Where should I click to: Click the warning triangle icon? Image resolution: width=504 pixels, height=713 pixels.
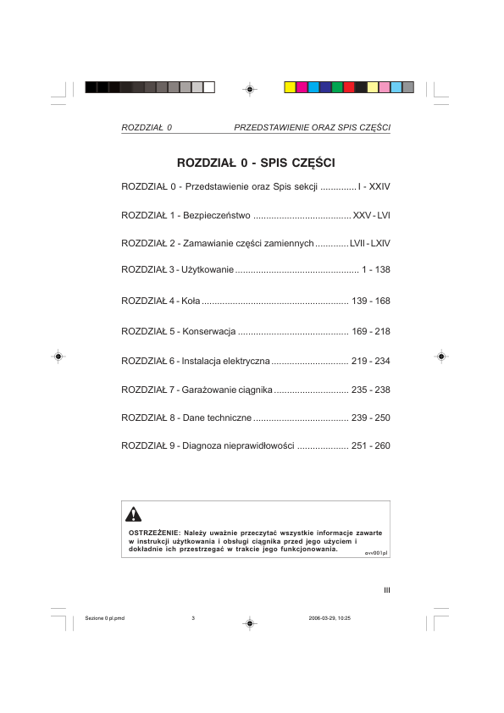pos(134,513)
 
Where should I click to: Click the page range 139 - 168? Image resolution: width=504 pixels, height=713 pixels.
pos(370,301)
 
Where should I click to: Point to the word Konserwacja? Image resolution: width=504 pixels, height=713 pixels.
pos(208,331)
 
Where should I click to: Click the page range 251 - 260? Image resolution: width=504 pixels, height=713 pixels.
pos(370,445)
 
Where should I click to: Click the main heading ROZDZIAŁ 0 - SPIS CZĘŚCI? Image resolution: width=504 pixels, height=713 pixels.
pos(256,162)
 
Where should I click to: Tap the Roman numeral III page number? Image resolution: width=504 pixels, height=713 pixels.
pos(386,591)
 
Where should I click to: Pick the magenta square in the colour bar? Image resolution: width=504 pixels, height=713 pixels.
pos(302,87)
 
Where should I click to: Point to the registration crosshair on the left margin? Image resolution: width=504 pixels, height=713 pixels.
pos(57,356)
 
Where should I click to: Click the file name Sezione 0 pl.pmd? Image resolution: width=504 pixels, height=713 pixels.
pos(106,618)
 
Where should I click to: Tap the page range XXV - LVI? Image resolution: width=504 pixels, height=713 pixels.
pos(371,214)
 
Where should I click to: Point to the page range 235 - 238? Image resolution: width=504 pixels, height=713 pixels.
pos(370,390)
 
